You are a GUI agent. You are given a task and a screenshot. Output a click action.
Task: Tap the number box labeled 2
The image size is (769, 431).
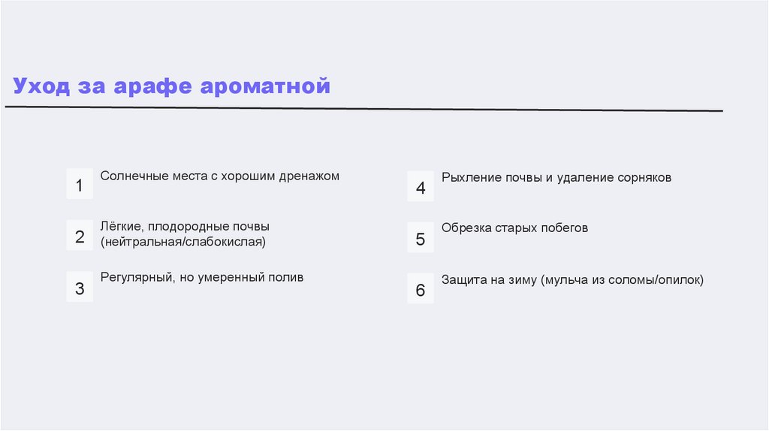80,237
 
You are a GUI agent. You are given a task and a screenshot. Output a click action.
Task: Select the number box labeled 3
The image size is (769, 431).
80,288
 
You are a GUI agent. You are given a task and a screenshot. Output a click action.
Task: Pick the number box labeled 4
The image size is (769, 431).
421,188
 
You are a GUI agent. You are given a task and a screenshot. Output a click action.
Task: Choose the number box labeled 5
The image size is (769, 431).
421,240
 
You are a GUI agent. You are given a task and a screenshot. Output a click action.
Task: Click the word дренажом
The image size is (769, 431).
308,176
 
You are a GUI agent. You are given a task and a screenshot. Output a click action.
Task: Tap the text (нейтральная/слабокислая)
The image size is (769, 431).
183,242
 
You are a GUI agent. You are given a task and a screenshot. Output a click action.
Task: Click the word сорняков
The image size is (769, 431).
644,178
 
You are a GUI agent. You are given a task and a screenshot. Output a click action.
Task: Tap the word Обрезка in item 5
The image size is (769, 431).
466,228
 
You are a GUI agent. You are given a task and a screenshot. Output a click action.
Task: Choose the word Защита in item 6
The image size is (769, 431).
463,280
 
